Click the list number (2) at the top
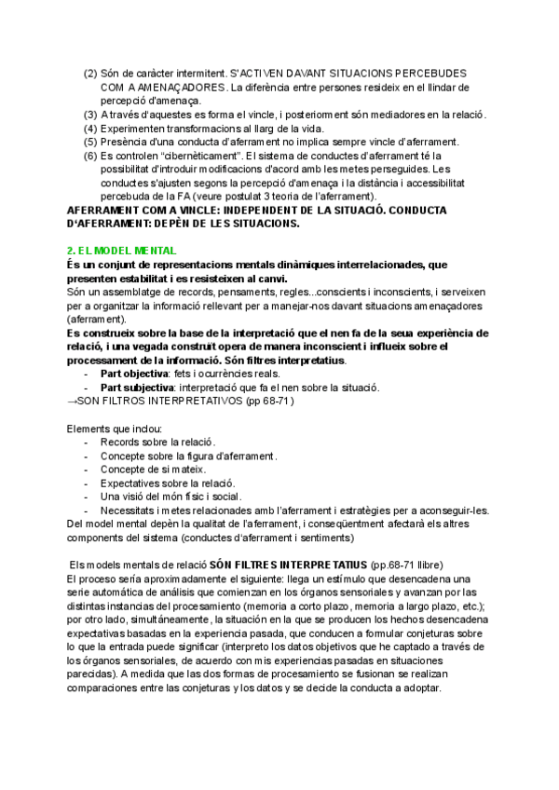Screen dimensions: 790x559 point(90,73)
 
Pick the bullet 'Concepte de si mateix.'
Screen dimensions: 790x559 point(153,470)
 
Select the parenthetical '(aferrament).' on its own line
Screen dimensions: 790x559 point(97,320)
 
